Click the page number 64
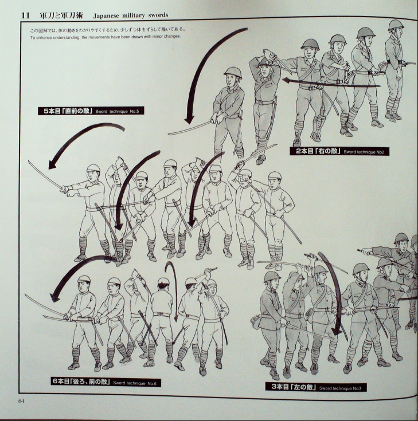(x=21, y=401)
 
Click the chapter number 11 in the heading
(x=25, y=15)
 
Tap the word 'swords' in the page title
(x=158, y=15)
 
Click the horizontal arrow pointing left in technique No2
(x=331, y=83)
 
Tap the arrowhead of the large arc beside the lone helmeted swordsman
(x=190, y=120)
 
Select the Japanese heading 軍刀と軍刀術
(x=61, y=15)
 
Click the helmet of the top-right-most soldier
(x=396, y=25)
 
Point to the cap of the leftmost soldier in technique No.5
(x=93, y=168)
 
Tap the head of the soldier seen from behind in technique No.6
(x=164, y=284)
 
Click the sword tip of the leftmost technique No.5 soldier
(x=29, y=161)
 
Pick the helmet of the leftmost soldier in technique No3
(x=272, y=276)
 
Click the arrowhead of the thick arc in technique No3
(x=336, y=331)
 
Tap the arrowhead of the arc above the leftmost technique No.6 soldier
(x=54, y=297)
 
